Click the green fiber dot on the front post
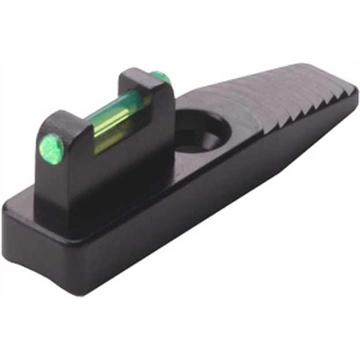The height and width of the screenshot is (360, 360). pyautogui.click(x=51, y=146)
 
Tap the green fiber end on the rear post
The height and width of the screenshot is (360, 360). pyautogui.click(x=158, y=76)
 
